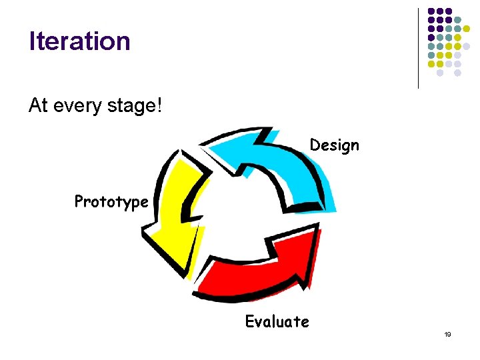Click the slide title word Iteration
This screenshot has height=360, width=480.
[x=79, y=41]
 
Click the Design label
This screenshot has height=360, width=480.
[x=334, y=145]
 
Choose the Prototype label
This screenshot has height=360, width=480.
[x=111, y=201]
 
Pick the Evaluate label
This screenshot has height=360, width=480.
[x=277, y=322]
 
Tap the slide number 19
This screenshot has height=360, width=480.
[x=447, y=334]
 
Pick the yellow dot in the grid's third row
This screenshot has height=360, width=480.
[x=467, y=29]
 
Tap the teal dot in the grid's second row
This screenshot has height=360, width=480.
[x=457, y=20]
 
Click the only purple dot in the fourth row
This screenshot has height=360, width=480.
[x=431, y=37]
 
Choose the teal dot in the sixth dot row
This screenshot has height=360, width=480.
[x=431, y=55]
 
